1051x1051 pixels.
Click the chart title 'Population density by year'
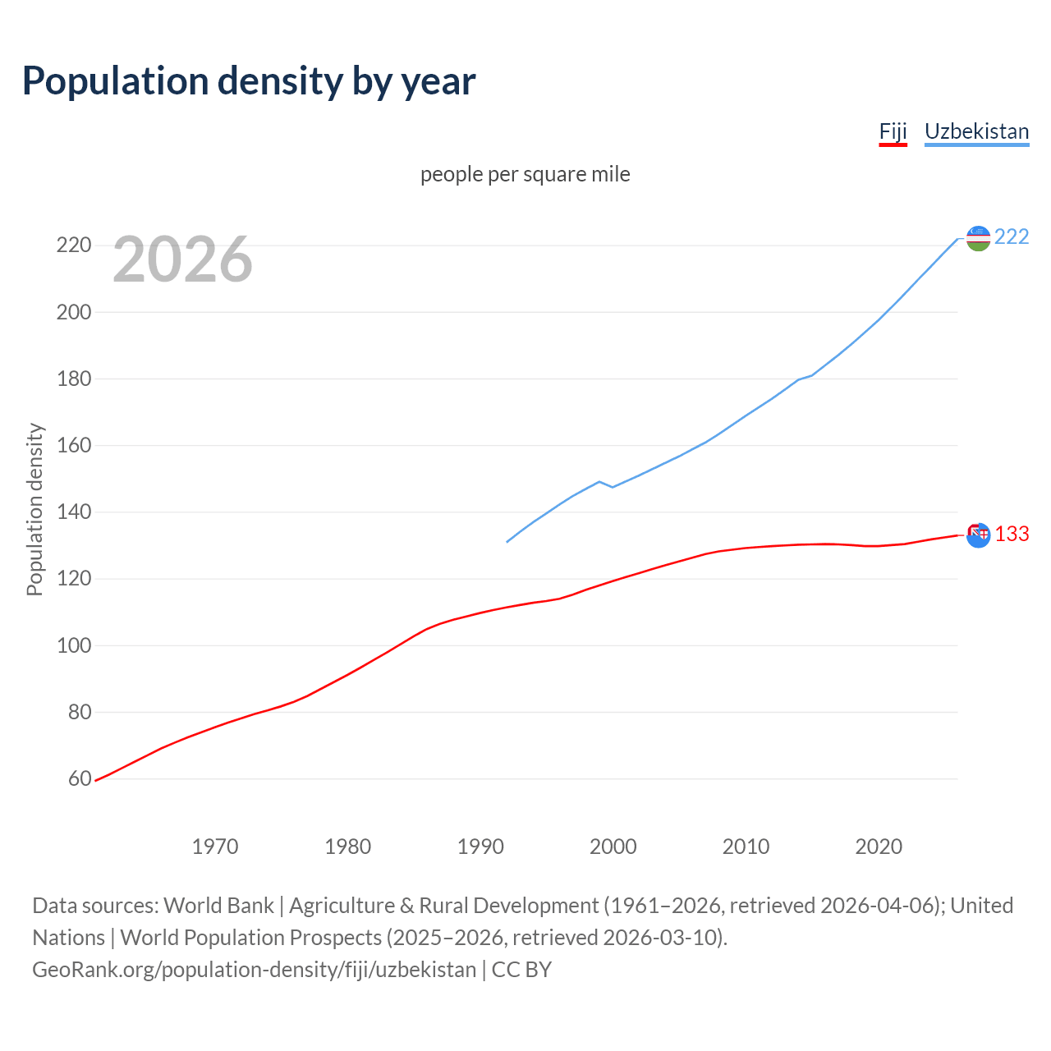pos(249,80)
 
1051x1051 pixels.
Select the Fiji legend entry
pos(893,131)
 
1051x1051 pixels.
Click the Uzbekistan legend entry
pos(976,131)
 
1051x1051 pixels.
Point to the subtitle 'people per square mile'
pos(525,174)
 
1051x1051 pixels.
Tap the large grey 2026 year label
pos(182,259)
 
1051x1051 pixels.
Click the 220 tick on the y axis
pos(73,246)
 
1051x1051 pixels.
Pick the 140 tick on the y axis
pos(73,512)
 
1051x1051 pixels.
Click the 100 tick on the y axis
pos(73,645)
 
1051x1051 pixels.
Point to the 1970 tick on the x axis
pos(215,847)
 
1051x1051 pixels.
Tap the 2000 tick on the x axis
pos(613,847)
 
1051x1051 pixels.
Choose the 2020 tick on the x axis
pos(879,847)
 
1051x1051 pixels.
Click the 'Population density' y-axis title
pos(34,509)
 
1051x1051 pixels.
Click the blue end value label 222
pos(1012,237)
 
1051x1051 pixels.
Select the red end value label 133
pos(1012,535)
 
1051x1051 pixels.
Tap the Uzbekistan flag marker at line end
pos(978,238)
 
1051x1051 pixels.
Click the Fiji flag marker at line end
pos(978,535)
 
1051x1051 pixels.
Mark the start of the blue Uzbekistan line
pos(507,542)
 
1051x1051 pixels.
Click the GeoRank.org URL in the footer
pos(254,970)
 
